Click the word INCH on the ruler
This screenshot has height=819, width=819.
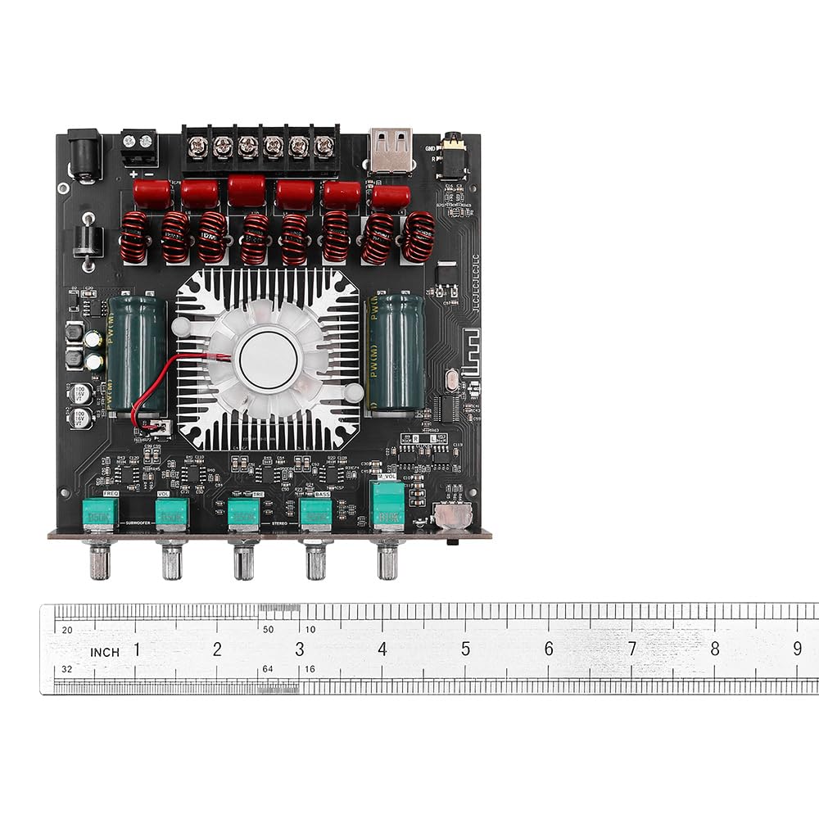tap(105, 652)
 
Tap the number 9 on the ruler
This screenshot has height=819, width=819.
tap(798, 649)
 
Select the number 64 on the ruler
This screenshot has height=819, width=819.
tap(267, 669)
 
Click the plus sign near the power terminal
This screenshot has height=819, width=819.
tap(133, 174)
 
